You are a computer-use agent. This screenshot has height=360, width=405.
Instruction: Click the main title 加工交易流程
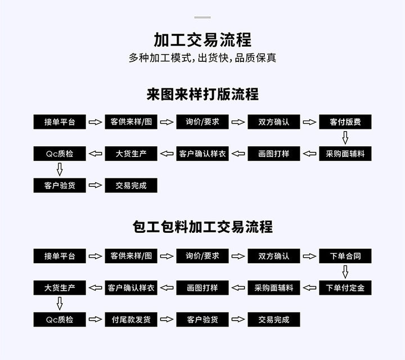click(x=202, y=40)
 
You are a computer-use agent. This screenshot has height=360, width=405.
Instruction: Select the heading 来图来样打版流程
click(x=202, y=94)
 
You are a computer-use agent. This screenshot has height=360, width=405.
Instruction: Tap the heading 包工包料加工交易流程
click(x=202, y=227)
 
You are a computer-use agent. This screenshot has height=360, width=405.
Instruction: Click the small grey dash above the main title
click(x=202, y=17)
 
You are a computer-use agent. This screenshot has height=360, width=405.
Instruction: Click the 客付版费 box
click(x=345, y=122)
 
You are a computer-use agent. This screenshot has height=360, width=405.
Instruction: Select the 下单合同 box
click(x=345, y=256)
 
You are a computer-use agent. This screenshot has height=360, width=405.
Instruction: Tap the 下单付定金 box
click(x=345, y=287)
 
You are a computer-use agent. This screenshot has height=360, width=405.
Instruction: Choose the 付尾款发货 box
click(x=131, y=319)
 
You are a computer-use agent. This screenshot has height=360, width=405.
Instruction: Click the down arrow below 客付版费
click(x=345, y=138)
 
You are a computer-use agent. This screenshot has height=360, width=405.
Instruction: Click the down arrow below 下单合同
click(x=345, y=272)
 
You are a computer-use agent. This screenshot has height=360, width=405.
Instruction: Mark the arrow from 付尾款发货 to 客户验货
click(x=166, y=319)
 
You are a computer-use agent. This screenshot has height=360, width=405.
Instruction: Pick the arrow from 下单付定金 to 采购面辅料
click(x=309, y=287)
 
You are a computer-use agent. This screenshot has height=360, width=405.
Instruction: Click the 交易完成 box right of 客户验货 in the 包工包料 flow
click(x=274, y=319)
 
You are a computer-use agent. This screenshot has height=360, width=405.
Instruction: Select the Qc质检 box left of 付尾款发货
click(x=60, y=319)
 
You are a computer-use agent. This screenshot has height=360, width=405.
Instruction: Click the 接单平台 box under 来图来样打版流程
click(x=60, y=122)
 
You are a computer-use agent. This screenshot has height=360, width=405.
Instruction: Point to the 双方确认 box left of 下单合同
click(x=274, y=256)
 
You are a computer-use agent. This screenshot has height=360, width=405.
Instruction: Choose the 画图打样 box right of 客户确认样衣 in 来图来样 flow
click(x=274, y=154)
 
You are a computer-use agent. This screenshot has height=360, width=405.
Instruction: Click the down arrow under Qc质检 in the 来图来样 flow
click(x=60, y=169)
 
